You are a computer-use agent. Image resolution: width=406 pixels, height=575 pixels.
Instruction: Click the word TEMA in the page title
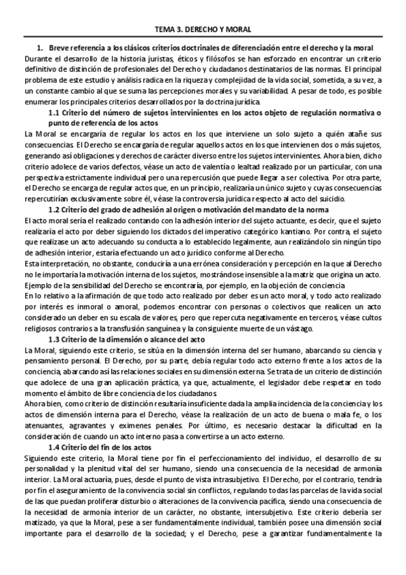(165, 30)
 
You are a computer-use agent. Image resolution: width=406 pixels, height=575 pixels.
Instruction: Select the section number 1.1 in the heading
(55, 113)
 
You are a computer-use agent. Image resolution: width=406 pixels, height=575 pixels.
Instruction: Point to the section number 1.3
(55, 338)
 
